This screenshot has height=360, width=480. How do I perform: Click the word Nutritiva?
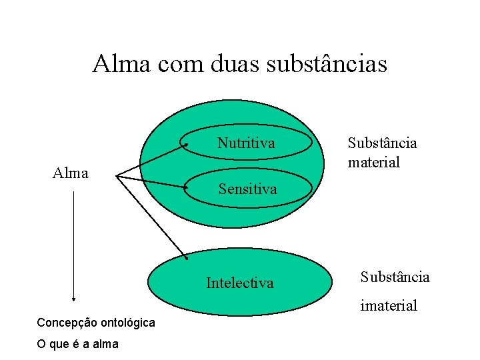pos(246,143)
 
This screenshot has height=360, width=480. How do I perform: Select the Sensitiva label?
pos(247,189)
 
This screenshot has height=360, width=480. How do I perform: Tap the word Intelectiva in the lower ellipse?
pos(239,283)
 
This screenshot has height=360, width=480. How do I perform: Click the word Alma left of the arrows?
pos(71,173)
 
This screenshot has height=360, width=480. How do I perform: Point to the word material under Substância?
pos(373,162)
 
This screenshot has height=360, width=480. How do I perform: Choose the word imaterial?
pos(389,306)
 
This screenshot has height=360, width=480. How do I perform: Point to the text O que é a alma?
pos(77,344)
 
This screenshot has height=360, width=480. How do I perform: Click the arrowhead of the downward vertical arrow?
pos(73,299)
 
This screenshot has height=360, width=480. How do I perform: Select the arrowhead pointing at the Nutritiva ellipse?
pos(186,145)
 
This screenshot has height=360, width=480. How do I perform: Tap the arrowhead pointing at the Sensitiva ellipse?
pos(186,188)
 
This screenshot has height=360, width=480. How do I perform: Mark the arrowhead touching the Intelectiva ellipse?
pos(187,257)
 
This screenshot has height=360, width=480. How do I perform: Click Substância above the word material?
pos(382,143)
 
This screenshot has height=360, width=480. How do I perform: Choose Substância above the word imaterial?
pos(395,277)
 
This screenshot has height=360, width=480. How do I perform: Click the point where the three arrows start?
pos(116,177)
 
